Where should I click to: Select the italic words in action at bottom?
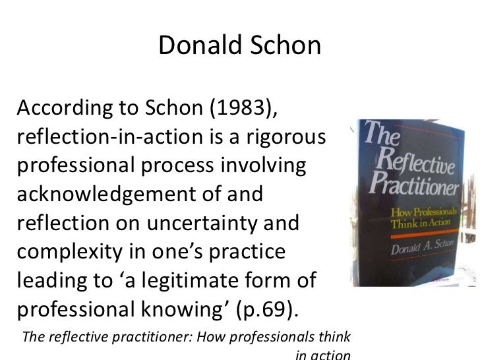pos(322,355)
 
